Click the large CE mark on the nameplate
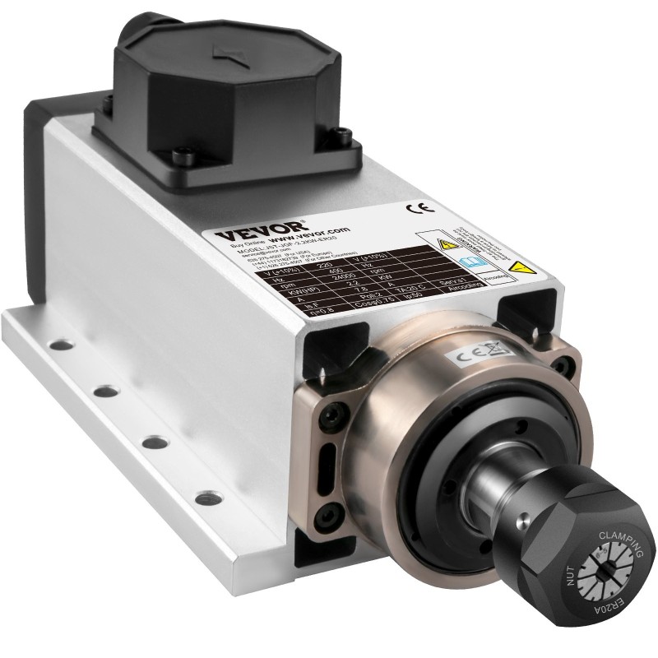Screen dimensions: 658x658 (x=415, y=208)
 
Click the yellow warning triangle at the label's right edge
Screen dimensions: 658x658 (x=517, y=267)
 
